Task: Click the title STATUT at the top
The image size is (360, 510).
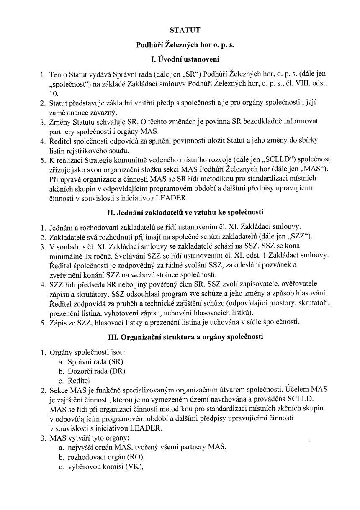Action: pos(180,30)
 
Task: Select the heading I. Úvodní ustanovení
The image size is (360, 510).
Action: pos(180,59)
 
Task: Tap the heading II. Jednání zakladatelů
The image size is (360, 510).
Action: pos(180,212)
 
